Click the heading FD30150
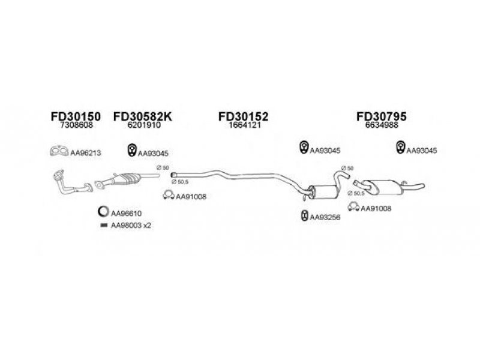tap(76, 116)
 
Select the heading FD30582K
tap(143, 116)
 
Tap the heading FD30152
tap(244, 116)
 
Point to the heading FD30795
tap(382, 116)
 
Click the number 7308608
tap(77, 125)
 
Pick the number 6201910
tap(144, 125)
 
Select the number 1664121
tap(245, 125)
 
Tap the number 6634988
tap(382, 125)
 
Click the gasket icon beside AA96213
tap(59, 151)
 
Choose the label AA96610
tap(126, 214)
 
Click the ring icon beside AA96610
tap(103, 212)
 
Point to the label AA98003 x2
tap(131, 226)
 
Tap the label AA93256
tap(325, 217)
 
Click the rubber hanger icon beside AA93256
tap(305, 216)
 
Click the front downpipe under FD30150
tap(73, 182)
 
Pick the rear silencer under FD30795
tap(386, 187)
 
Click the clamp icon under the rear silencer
tap(353, 207)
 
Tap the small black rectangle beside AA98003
tap(104, 226)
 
